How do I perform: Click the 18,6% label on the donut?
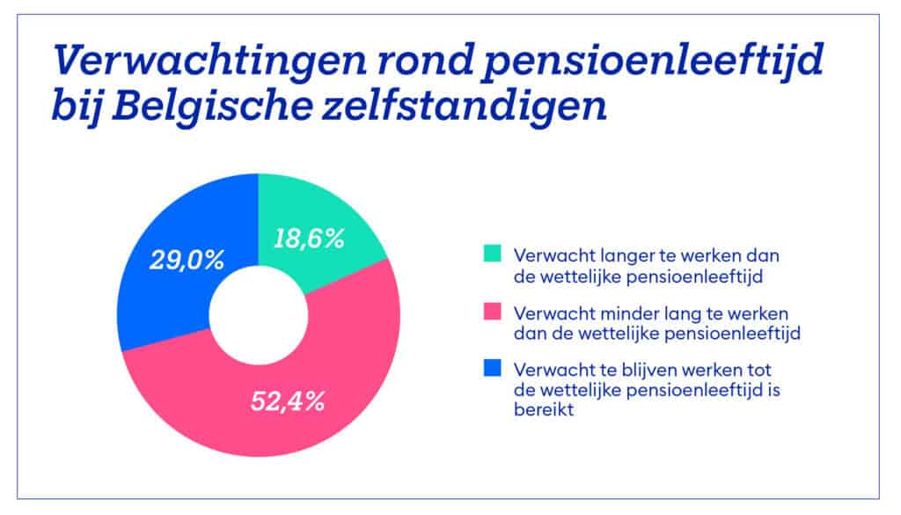point(308,239)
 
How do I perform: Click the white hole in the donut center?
point(259,315)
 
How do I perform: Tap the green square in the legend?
point(491,255)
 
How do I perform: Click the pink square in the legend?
point(491,313)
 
